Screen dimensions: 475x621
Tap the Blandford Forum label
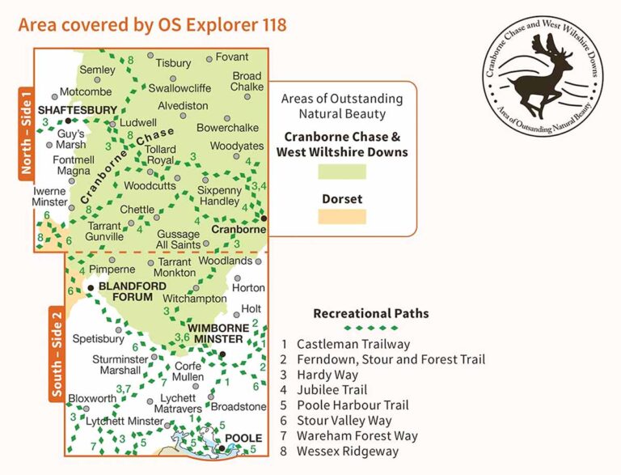point(125,291)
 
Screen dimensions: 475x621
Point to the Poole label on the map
point(243,439)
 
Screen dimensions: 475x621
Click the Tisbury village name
point(174,63)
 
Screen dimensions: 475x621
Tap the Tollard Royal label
point(161,155)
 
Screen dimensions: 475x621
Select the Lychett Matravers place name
point(179,404)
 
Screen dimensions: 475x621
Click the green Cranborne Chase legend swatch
point(342,172)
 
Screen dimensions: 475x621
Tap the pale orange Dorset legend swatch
point(342,217)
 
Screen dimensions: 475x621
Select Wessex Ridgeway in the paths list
point(348,451)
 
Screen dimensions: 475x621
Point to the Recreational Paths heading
point(371,313)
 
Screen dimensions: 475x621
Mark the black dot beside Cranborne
point(264,218)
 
